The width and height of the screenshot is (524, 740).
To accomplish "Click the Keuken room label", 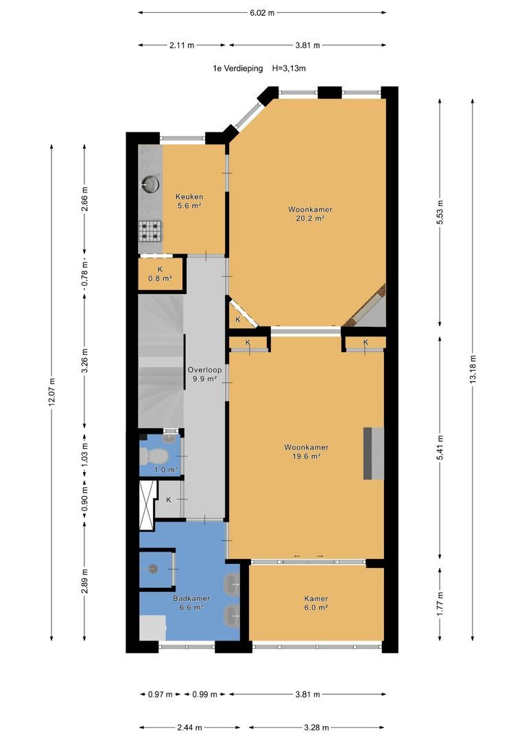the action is [189, 197].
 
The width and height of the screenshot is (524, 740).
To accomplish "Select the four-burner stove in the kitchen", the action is [150, 232].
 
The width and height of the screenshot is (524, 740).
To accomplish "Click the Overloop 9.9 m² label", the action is [204, 374].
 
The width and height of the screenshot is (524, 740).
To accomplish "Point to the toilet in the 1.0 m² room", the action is [154, 456].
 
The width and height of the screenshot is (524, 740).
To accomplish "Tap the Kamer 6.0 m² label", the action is [316, 603].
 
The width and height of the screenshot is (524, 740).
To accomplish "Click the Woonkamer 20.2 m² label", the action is [311, 214].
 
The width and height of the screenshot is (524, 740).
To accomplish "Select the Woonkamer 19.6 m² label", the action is [306, 452].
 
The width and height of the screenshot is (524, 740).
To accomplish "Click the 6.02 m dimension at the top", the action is [262, 13].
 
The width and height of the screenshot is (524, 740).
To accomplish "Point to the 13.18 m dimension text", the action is [473, 369].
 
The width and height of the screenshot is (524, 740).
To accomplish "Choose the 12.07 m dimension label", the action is [51, 392].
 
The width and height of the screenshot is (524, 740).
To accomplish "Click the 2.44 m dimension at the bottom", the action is [190, 727].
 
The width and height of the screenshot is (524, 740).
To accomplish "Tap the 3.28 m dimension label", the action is [317, 727].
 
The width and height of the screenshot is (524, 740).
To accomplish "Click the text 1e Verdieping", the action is [238, 69].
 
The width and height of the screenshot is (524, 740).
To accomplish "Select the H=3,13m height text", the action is [289, 69].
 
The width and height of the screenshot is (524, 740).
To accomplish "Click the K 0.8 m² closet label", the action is [160, 273].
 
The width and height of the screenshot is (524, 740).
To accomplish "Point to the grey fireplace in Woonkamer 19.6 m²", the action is [373, 454].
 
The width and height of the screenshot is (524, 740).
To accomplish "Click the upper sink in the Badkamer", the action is [232, 584].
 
